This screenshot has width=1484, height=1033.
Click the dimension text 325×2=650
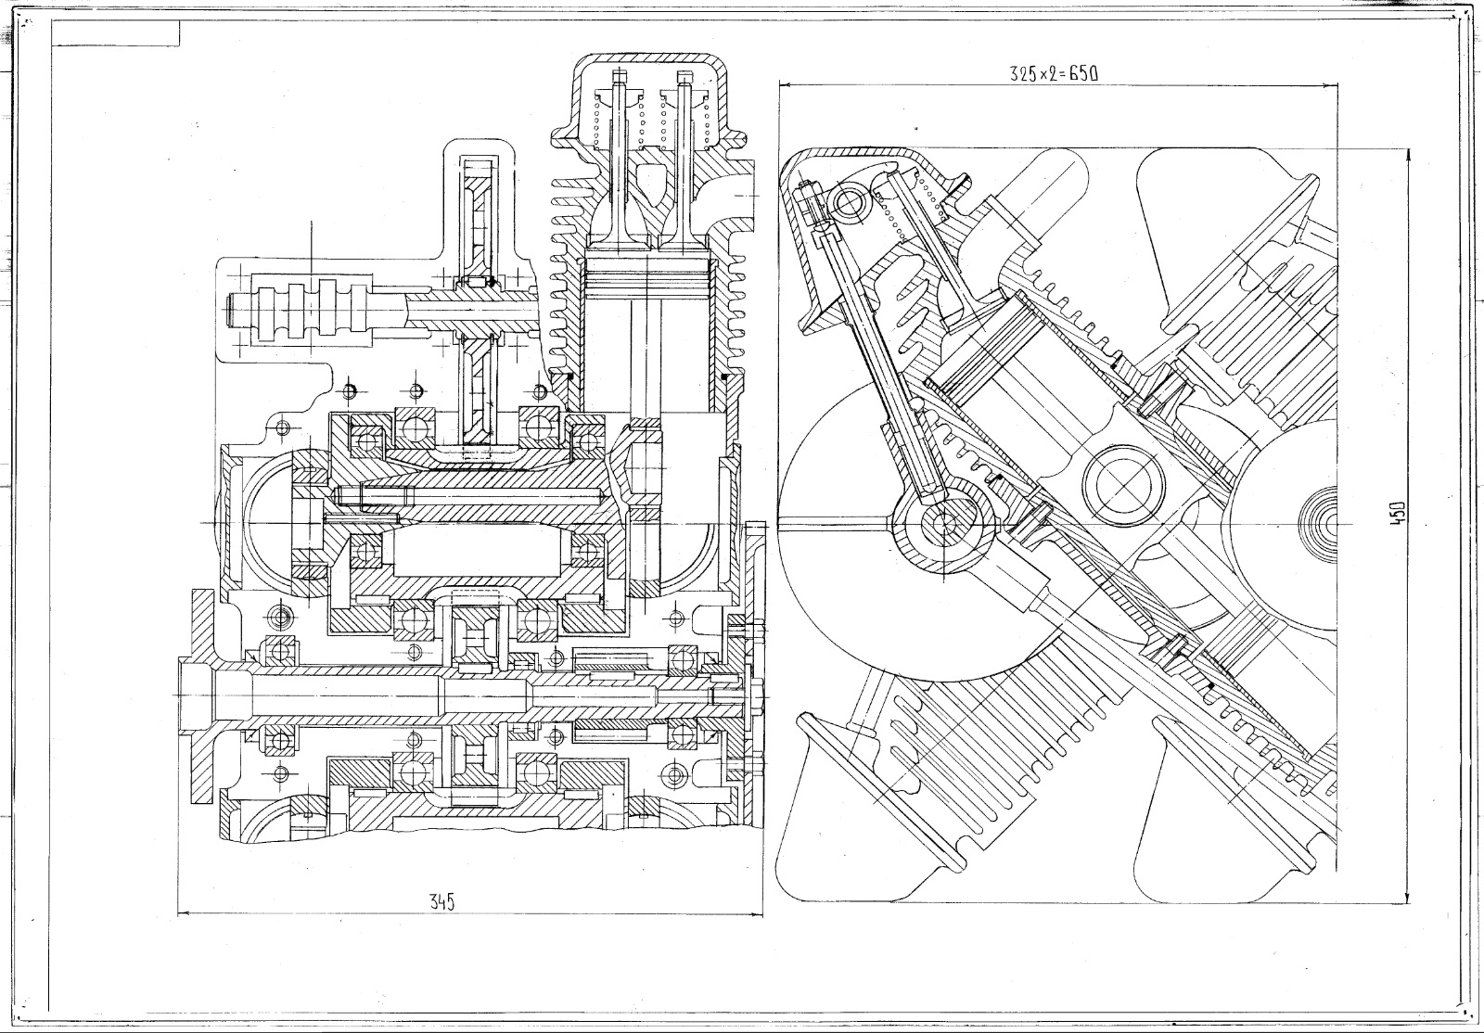point(1054,75)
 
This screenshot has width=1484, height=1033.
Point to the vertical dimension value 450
point(1399,513)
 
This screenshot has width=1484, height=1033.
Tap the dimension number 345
point(441,901)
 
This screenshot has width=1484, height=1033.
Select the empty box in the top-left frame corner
point(116,33)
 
